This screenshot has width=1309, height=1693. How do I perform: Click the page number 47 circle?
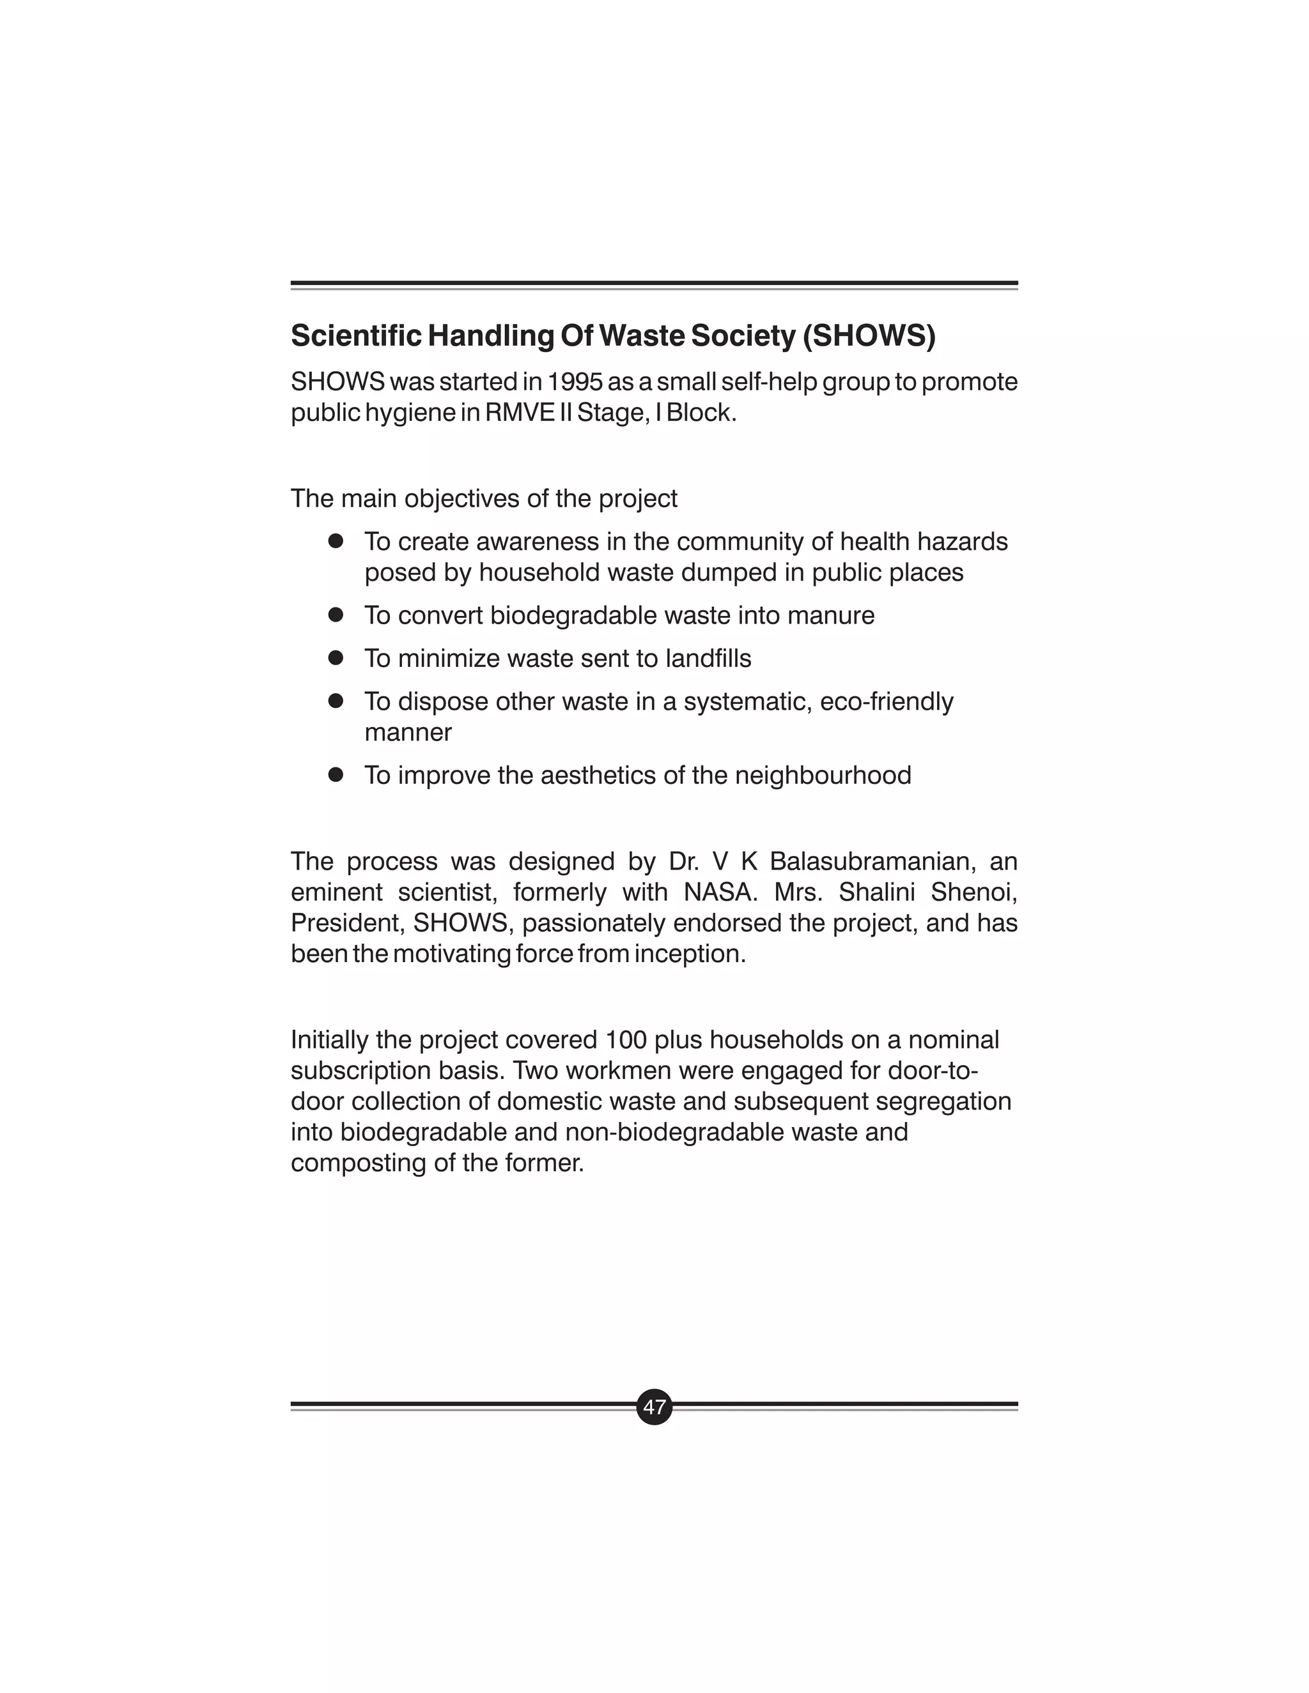(x=654, y=1406)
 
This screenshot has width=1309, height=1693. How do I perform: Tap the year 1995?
(x=575, y=381)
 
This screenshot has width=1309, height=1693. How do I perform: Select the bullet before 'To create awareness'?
(x=335, y=541)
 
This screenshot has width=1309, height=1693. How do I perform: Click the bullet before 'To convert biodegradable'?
(x=335, y=615)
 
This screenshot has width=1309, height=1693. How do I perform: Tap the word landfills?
(x=708, y=658)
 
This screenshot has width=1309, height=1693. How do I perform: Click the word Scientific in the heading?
(x=356, y=335)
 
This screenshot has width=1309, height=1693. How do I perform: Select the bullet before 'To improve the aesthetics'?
(x=335, y=774)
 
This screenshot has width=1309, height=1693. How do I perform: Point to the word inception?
(x=690, y=953)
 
